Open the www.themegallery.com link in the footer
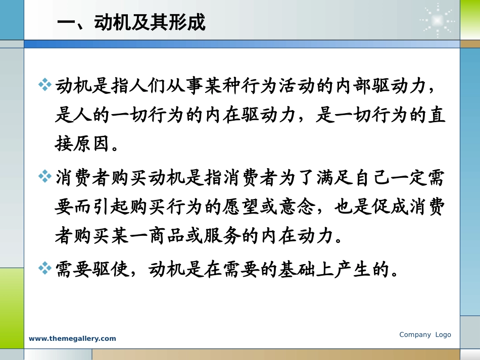pyautogui.click(x=72, y=339)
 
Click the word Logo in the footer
pyautogui.click(x=443, y=335)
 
